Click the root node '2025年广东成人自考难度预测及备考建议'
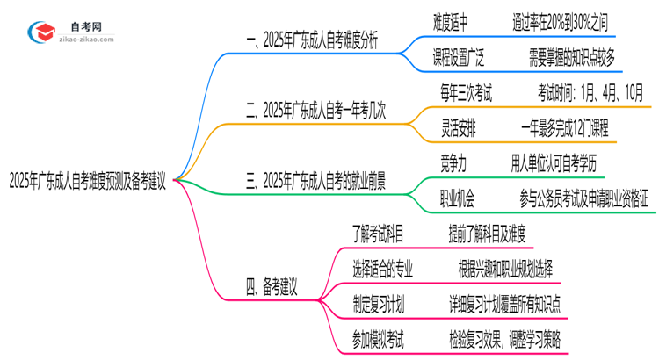pos(89,182)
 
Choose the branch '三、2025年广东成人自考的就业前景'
pos(317,182)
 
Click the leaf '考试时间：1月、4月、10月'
pos(586,90)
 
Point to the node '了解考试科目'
pos(378,234)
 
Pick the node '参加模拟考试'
pos(378,338)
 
